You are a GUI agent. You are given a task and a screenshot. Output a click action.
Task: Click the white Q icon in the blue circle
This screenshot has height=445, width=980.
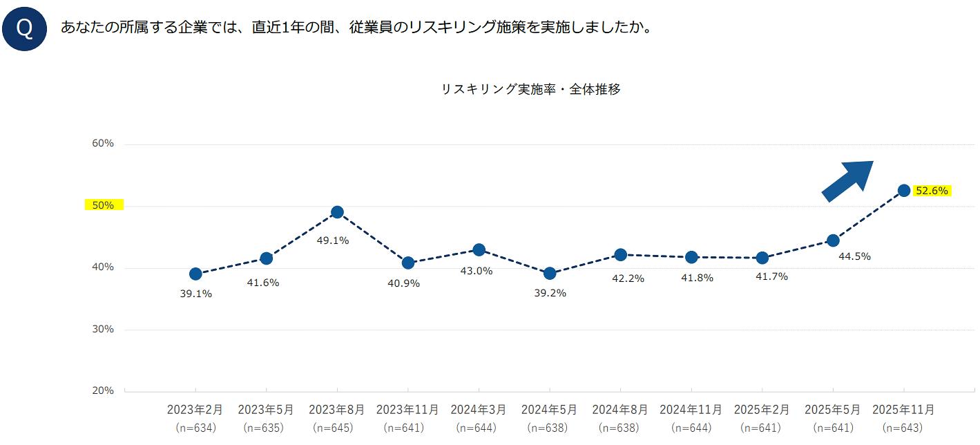point(24,29)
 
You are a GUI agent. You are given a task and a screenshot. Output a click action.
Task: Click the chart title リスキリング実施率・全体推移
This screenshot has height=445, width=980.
point(530,89)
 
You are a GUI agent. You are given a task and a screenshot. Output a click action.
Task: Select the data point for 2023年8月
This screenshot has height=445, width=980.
point(337,212)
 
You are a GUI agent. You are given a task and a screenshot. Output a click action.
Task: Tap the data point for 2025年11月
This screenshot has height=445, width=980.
point(904,191)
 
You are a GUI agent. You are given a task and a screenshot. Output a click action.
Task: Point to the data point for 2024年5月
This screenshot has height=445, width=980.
point(550,274)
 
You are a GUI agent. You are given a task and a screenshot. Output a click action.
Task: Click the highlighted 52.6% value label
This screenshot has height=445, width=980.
point(932,191)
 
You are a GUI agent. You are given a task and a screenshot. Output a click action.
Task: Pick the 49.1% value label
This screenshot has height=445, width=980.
point(332,241)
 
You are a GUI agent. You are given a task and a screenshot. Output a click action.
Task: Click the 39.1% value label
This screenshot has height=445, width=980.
point(195,294)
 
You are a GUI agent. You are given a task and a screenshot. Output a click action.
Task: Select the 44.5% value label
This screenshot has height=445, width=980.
point(854,256)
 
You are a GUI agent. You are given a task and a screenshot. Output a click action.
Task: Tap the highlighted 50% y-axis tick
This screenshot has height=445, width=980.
point(103,205)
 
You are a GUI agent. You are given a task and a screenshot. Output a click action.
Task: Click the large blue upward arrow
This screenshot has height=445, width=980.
point(847,180)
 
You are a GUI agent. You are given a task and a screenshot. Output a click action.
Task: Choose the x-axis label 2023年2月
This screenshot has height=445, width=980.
point(195,410)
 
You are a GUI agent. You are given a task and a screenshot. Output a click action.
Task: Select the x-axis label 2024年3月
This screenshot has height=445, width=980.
point(479,410)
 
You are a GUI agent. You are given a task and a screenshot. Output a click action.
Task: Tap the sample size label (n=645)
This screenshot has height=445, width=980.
point(337,428)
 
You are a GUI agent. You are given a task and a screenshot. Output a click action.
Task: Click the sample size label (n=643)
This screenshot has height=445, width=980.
point(903,428)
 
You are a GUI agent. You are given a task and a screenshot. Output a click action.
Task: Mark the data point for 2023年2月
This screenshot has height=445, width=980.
point(195,274)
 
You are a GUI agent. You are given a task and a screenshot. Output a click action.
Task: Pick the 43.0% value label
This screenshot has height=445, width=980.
point(477,271)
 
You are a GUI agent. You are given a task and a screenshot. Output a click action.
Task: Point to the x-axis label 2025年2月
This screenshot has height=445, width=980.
point(762,410)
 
